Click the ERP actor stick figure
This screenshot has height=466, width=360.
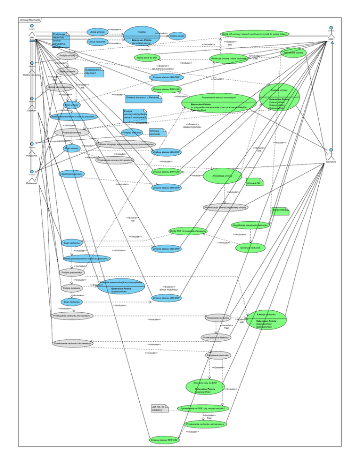[x=332, y=31]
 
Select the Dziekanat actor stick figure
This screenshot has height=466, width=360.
[x=31, y=175]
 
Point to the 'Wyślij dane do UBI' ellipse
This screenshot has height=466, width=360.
[x=147, y=58]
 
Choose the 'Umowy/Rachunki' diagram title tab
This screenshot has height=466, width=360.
[x=30, y=20]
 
